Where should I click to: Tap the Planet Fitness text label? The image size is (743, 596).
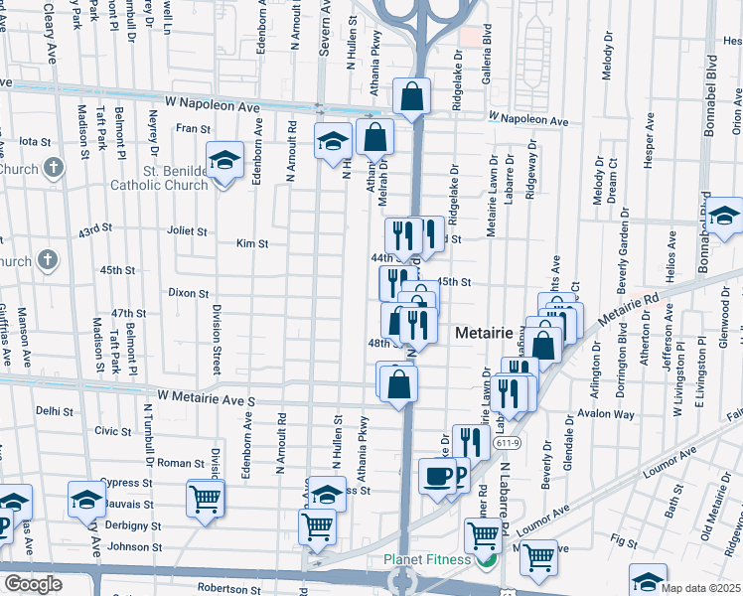[427, 559]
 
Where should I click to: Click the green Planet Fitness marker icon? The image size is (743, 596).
[485, 560]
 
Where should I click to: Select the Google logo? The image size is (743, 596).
[33, 584]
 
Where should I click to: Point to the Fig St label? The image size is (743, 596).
[624, 542]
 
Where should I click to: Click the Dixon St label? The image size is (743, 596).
[188, 293]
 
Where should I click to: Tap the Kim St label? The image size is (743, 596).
[252, 243]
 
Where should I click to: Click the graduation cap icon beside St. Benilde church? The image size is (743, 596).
[224, 160]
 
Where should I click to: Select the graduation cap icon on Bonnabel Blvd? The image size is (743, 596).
[724, 216]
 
